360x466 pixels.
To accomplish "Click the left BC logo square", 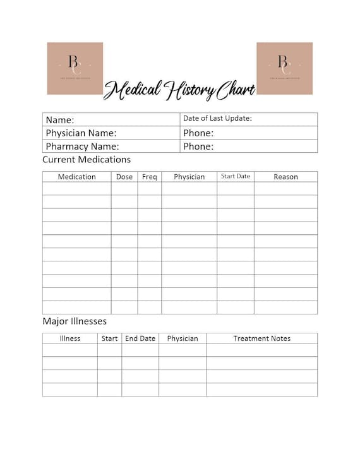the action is point(75,68).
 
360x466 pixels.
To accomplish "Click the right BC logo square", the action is point(284,68).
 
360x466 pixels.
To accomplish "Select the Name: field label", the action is point(60,120).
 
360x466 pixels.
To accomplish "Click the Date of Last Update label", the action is point(217,118).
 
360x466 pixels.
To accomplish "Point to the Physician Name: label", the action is point(81,133).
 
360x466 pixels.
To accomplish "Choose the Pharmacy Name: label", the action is point(82,146).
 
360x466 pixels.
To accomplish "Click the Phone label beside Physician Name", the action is point(198,133).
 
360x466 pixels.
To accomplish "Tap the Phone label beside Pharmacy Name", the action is point(198,146).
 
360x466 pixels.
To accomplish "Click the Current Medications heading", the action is point(87,160).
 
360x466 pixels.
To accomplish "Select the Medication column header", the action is point(77,177).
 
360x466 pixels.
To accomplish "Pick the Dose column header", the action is point(124,177).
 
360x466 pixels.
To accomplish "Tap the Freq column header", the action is point(150,177).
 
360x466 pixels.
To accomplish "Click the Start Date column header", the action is point(236,176).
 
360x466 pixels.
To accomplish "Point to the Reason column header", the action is point(285,177).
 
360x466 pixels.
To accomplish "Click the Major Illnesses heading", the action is point(75,321).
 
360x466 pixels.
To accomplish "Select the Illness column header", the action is point(70,338).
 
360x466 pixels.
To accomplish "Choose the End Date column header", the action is point(140,338).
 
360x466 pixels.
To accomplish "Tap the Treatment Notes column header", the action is point(262,338).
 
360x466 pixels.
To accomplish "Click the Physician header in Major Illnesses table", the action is point(183,338).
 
